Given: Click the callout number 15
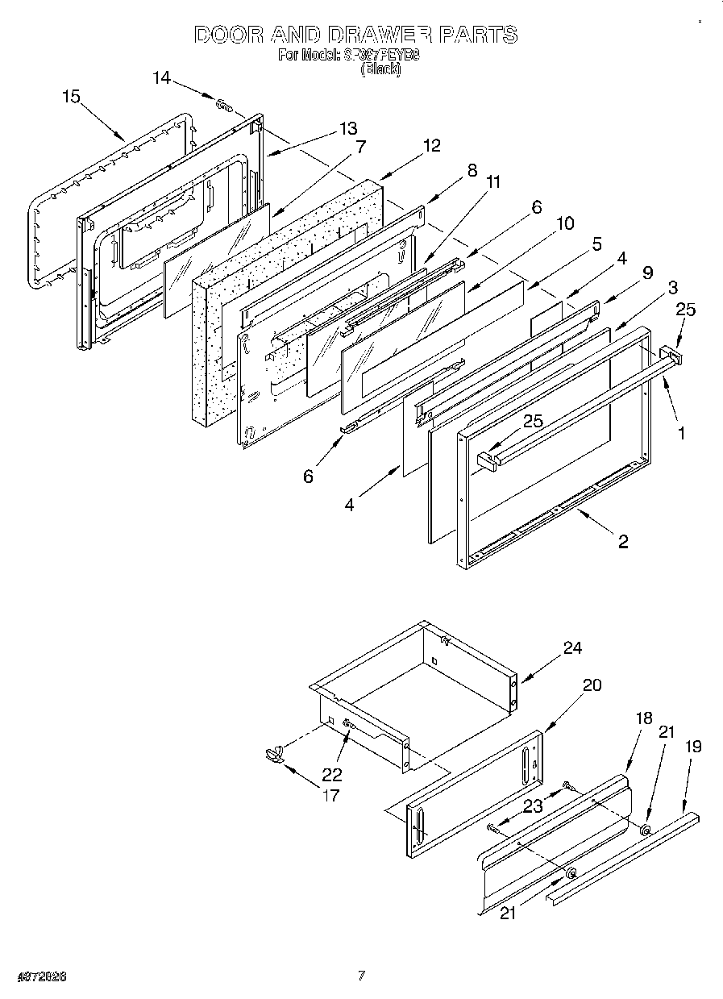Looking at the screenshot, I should [71, 96].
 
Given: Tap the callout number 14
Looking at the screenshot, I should [162, 77].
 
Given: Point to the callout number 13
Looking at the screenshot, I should [347, 128].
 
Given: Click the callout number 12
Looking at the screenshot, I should [432, 145].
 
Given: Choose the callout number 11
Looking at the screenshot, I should [493, 181].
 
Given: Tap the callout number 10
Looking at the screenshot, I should [566, 223].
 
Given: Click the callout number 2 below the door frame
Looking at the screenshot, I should [623, 541].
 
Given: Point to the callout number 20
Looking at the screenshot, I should [592, 685].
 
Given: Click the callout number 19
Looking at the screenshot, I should [692, 747].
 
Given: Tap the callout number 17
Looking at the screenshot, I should [331, 795].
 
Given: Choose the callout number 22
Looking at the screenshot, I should [331, 774].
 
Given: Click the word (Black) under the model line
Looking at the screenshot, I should [380, 69].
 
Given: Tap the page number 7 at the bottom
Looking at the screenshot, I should [362, 976].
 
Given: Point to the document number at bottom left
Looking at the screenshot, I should [40, 976].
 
